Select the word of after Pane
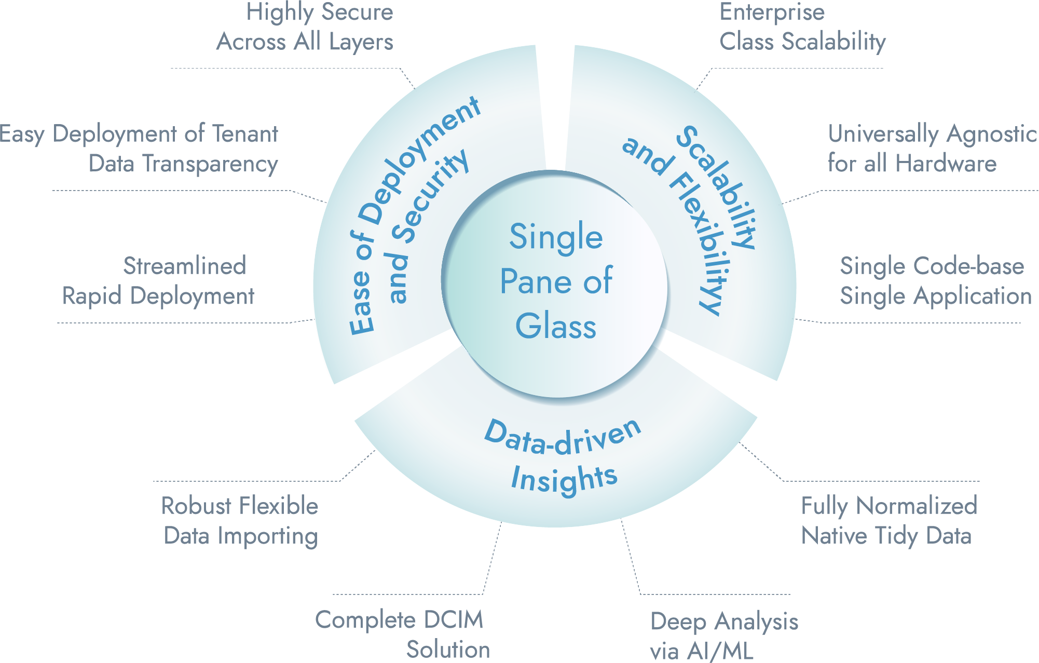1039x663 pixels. [598, 282]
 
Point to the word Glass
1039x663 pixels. [556, 326]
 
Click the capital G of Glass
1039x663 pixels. [528, 326]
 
